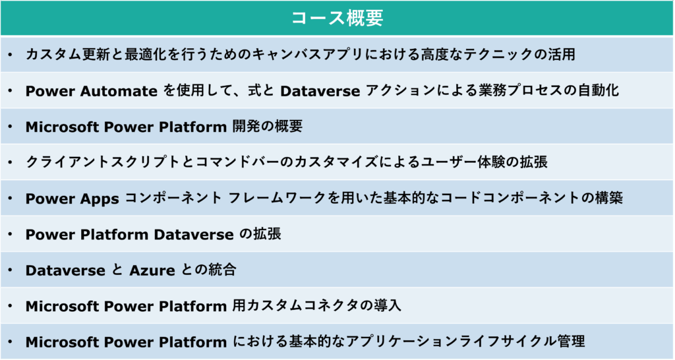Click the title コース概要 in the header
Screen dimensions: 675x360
pyautogui.click(x=337, y=18)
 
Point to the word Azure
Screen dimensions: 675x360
pyautogui.click(x=152, y=270)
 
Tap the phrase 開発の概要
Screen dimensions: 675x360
pyautogui.click(x=268, y=126)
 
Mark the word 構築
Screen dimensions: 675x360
pyautogui.click(x=609, y=198)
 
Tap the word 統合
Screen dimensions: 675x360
pyautogui.click(x=222, y=270)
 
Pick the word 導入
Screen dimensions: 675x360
pyautogui.click(x=387, y=305)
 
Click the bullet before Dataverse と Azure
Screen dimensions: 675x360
pyautogui.click(x=11, y=270)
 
